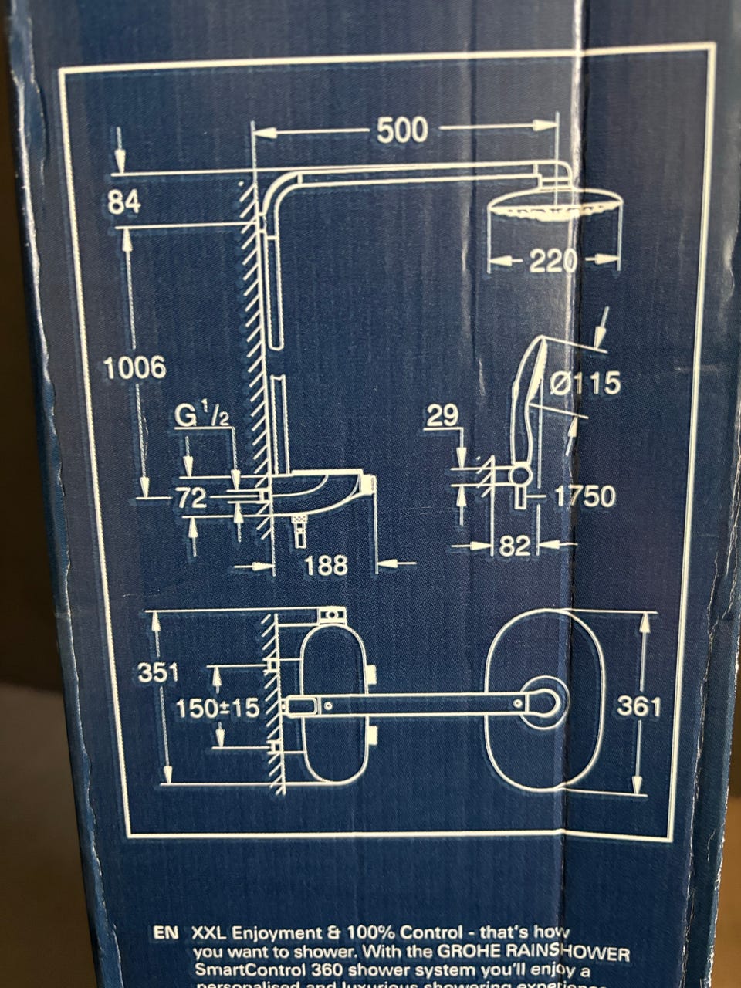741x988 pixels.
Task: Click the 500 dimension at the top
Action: (402, 131)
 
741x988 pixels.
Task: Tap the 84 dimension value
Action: (123, 203)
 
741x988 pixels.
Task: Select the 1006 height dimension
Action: (135, 368)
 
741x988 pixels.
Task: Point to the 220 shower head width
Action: (553, 262)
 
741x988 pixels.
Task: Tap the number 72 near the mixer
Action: (191, 499)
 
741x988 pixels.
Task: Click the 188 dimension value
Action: (325, 567)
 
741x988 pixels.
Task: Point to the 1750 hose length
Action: (585, 496)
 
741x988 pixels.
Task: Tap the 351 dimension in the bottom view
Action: (158, 672)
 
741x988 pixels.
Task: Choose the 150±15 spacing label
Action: (218, 708)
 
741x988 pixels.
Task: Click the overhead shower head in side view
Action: (556, 207)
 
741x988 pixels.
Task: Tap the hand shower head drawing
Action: (533, 386)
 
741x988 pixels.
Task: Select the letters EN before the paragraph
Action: (165, 932)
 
